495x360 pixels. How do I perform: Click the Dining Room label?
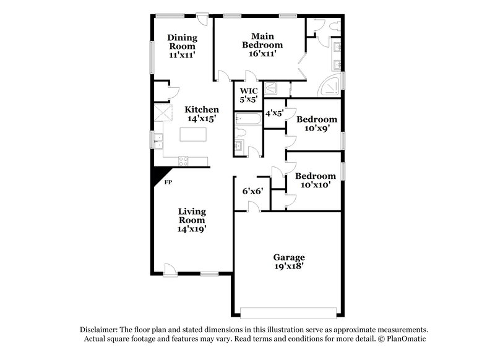(x=182, y=46)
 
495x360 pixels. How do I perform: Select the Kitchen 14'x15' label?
(x=201, y=114)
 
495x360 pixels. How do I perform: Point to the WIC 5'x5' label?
(x=248, y=95)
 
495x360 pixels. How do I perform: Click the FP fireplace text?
(x=168, y=182)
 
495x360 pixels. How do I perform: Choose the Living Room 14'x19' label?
(x=192, y=220)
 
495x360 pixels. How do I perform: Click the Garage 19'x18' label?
(x=289, y=261)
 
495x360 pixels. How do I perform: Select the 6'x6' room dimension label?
(x=252, y=191)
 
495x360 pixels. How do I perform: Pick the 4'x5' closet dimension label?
(x=273, y=113)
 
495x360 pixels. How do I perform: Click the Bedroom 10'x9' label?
(x=316, y=124)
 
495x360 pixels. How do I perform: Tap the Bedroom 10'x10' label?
(x=315, y=181)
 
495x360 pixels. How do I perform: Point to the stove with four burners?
(x=184, y=161)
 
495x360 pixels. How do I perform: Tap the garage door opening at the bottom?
(x=289, y=312)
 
